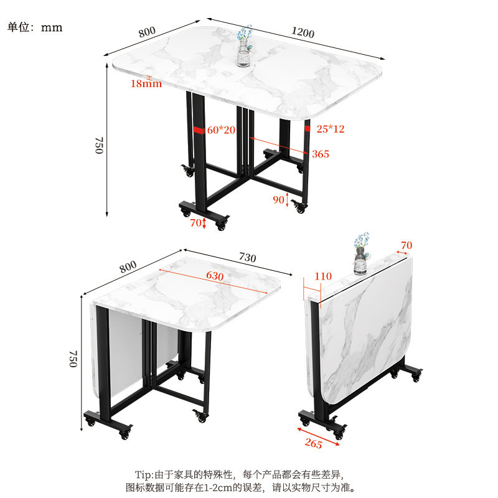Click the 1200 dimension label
[x=302, y=33]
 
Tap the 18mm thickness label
[x=146, y=83]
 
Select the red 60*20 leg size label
[x=222, y=130]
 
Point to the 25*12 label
[x=331, y=129]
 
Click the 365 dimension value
[x=321, y=154]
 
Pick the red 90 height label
[x=278, y=199]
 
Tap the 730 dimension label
[x=247, y=258]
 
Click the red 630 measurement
[x=215, y=275]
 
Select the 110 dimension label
[x=323, y=276]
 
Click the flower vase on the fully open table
[x=245, y=47]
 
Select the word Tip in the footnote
[x=144, y=474]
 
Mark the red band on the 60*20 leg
[x=199, y=131]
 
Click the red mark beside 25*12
[x=308, y=128]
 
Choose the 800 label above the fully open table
[x=147, y=32]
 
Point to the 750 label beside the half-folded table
[x=73, y=358]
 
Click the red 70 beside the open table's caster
[x=196, y=222]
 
